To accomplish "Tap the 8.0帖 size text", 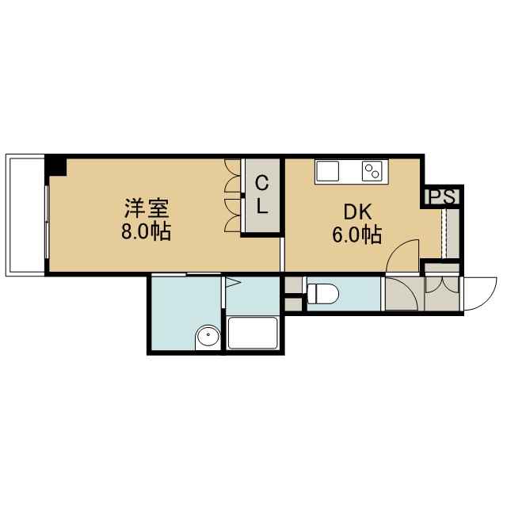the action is [x=146, y=231].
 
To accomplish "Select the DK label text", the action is [x=357, y=212].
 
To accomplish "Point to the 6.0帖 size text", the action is [x=357, y=234].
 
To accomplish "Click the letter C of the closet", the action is [x=262, y=183].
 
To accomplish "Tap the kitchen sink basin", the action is [x=327, y=171].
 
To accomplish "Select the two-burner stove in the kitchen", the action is [x=372, y=171].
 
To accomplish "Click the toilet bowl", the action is [x=322, y=294].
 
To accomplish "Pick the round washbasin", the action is [x=208, y=336].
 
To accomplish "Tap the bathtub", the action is [x=253, y=333].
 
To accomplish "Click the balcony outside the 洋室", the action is [x=25, y=215].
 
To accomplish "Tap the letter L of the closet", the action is [x=262, y=206].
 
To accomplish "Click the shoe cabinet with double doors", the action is [x=442, y=293].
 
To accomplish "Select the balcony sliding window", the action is [x=48, y=222].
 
